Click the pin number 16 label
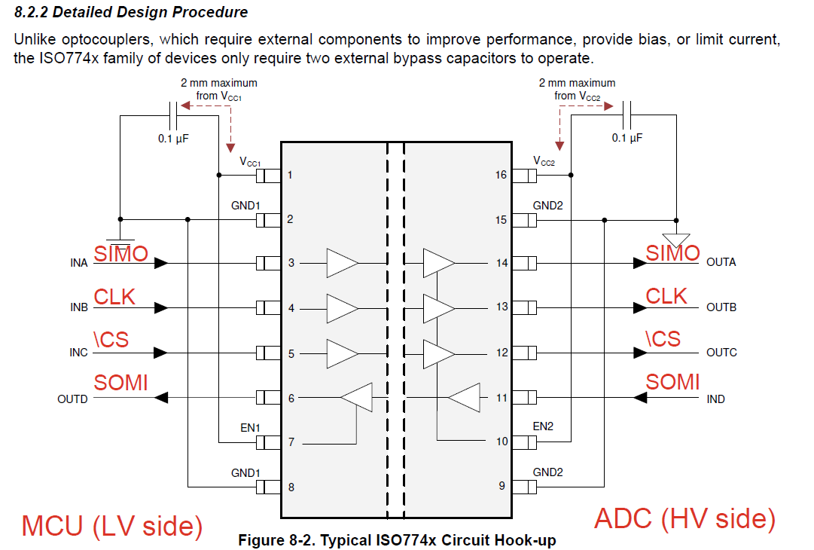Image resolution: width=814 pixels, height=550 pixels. tap(501, 175)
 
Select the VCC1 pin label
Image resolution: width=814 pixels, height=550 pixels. tap(250, 162)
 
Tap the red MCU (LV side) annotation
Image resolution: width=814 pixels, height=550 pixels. tap(112, 526)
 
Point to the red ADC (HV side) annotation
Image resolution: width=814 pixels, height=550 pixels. tap(684, 519)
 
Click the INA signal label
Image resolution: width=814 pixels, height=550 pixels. tap(79, 263)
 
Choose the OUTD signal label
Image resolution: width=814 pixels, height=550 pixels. tap(73, 399)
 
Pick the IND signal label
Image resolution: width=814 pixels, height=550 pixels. tap(715, 399)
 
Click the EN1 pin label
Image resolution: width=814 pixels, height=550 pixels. tap(250, 427)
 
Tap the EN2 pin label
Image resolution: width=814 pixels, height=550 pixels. tap(543, 426)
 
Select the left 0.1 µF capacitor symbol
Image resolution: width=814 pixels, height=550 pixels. tap(173, 115)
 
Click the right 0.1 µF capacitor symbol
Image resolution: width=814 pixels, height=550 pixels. tap(627, 115)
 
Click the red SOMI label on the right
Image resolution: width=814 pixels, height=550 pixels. tap(672, 382)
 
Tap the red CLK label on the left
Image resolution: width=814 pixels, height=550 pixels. tap(114, 297)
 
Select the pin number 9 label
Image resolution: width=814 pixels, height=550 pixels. tap(502, 486)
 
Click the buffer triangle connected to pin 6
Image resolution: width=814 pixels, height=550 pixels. tap(356, 398)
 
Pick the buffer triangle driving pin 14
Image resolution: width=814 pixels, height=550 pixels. tap(439, 263)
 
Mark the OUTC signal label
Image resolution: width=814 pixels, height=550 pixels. tap(721, 352)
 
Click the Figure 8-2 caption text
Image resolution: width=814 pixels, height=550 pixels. tap(397, 541)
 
